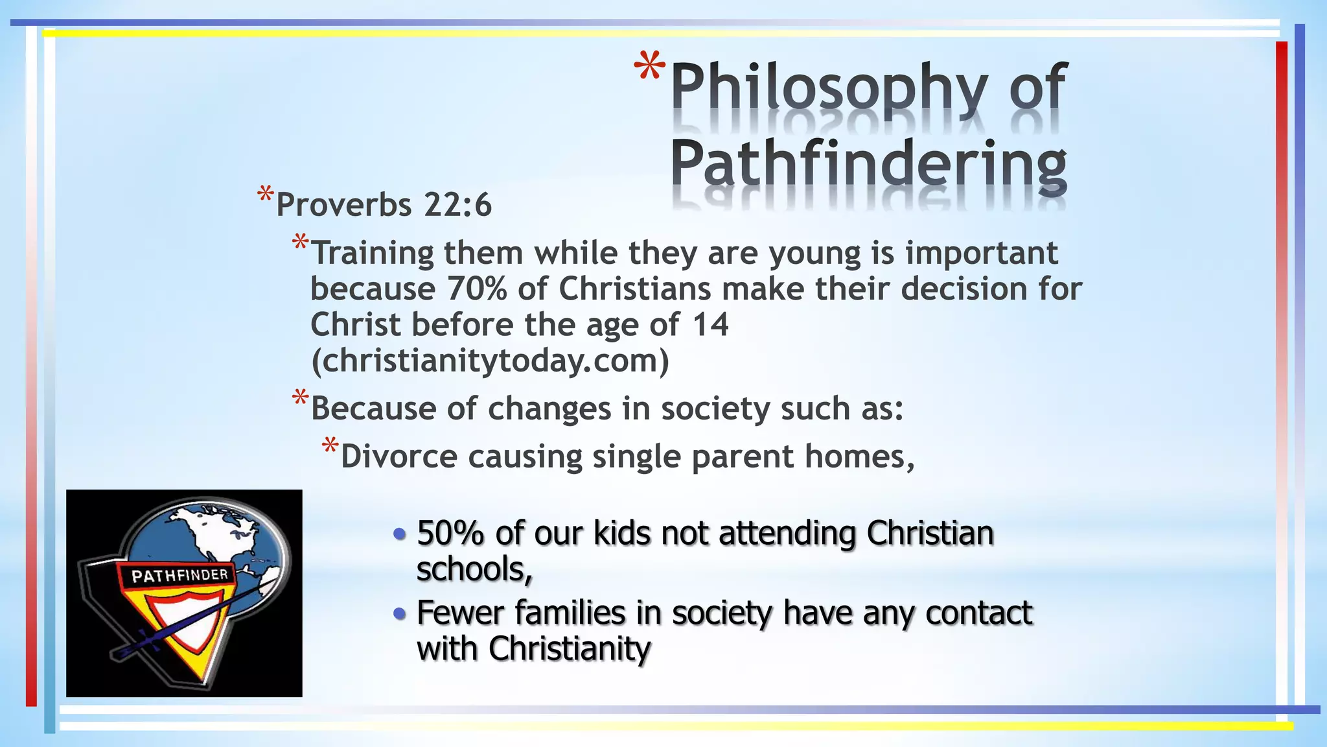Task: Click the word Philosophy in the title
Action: click(x=829, y=88)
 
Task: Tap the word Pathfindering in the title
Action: click(x=868, y=163)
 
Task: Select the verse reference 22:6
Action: click(x=458, y=206)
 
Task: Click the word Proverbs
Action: click(x=343, y=206)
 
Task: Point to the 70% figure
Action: click(x=477, y=289)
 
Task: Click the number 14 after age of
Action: click(x=710, y=325)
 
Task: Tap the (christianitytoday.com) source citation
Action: click(x=490, y=361)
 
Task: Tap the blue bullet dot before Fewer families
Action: click(x=400, y=613)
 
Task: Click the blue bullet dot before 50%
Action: click(x=400, y=534)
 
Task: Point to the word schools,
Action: click(x=474, y=570)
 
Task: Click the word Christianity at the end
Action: click(x=570, y=649)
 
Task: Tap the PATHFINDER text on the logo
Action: click(x=179, y=575)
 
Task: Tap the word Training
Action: click(x=372, y=254)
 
